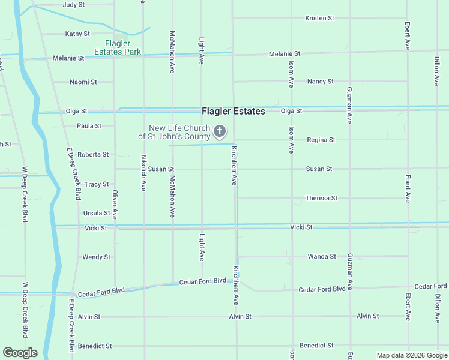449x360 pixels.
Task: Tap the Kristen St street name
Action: (x=319, y=19)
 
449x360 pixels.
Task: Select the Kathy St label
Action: (x=78, y=34)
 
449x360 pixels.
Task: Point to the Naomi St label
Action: (x=83, y=82)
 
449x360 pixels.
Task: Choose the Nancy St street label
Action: (x=320, y=82)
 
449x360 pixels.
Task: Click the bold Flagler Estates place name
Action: (x=233, y=111)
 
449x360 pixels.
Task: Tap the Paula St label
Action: (x=89, y=126)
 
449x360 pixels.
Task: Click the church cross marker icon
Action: (x=220, y=131)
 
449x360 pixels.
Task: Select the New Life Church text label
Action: (x=179, y=133)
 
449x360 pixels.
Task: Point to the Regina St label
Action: (x=321, y=140)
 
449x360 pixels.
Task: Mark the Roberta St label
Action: (x=93, y=155)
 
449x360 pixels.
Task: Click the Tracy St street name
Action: (x=97, y=185)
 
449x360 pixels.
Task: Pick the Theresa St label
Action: (x=321, y=198)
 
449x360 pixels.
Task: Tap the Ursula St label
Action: (x=97, y=213)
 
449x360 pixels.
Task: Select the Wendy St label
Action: (x=96, y=257)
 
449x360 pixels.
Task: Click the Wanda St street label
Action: (x=322, y=257)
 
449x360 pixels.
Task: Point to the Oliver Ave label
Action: (x=115, y=205)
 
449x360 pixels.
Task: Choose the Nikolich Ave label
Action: (x=143, y=173)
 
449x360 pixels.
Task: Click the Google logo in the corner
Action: (x=20, y=353)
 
